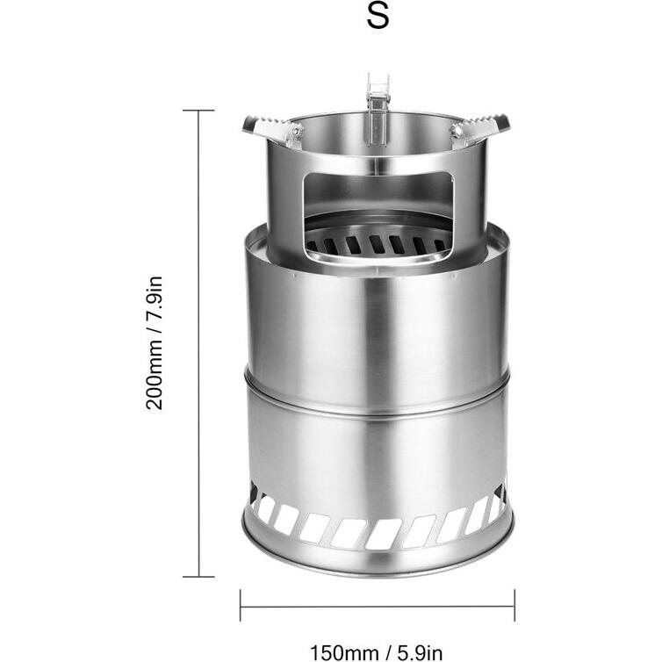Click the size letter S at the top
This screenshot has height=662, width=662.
[378, 17]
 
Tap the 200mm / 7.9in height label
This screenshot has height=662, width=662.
[155, 342]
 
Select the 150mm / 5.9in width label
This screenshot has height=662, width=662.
[377, 652]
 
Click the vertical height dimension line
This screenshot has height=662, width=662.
[198, 343]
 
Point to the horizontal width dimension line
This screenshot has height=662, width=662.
[378, 607]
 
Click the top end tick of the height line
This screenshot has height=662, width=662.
[198, 111]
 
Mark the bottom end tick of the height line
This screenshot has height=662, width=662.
[198, 576]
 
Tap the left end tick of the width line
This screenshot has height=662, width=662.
[241, 606]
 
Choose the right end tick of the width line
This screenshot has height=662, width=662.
[514, 606]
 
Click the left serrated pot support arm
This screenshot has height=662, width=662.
[270, 128]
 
